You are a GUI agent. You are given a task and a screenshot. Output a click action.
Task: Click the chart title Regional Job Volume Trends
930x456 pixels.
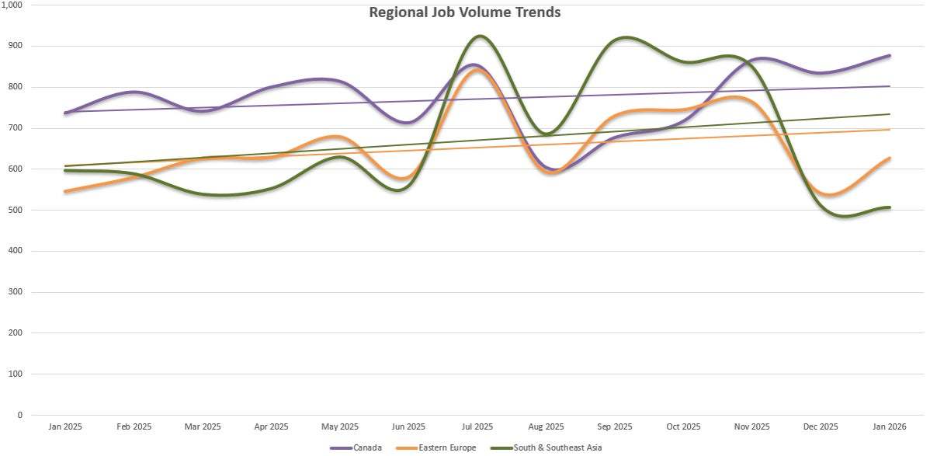point(464,12)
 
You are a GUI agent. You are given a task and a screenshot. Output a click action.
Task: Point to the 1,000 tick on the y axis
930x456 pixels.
point(13,5)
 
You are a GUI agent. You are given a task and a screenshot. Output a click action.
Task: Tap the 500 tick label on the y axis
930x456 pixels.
point(16,210)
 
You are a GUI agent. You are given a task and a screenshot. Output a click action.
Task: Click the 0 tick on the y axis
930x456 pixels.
point(20,415)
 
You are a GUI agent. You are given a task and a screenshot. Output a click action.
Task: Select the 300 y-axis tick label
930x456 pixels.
point(16,292)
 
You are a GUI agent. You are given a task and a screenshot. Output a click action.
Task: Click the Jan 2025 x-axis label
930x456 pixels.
point(65,427)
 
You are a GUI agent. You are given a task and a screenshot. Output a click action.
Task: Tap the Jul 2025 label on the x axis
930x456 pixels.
point(477,427)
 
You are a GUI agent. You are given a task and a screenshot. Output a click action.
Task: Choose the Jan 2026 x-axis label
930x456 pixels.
point(890,427)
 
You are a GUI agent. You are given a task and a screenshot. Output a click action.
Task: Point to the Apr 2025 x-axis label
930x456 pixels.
point(271,427)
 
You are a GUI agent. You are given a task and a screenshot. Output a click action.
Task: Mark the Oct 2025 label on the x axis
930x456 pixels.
point(683,427)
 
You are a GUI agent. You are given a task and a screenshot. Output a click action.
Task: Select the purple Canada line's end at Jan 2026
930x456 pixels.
point(890,55)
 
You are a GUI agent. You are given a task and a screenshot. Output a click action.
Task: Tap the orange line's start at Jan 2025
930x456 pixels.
point(65,191)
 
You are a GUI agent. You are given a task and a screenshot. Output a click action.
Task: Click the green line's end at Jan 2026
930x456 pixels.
point(890,207)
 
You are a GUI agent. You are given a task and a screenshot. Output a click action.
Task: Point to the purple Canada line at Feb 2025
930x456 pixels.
point(134,92)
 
